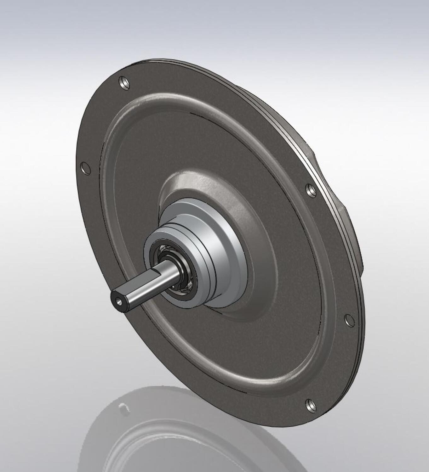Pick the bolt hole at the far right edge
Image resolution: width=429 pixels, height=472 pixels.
(x=349, y=320)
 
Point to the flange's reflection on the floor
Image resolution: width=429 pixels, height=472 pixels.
(x=189, y=441)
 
